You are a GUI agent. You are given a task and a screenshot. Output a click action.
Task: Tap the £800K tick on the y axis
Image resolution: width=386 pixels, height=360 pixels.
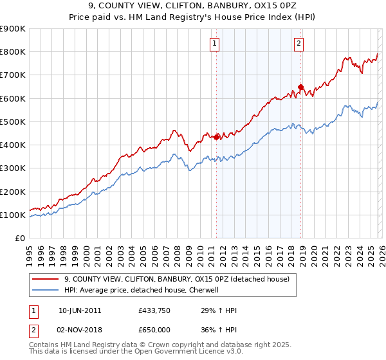(13, 52)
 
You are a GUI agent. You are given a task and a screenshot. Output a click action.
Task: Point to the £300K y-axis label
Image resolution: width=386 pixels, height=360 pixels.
(13, 168)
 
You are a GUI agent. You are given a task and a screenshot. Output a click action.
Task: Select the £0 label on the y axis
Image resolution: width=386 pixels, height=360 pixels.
(19, 239)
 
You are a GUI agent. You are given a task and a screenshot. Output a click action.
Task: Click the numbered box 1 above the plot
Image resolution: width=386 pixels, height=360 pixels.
(214, 44)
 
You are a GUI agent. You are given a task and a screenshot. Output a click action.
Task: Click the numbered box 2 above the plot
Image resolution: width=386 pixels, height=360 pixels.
(300, 44)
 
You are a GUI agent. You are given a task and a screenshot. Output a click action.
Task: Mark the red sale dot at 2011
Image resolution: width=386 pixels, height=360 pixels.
(217, 136)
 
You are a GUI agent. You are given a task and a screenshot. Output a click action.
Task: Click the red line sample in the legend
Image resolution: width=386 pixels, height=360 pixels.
(45, 279)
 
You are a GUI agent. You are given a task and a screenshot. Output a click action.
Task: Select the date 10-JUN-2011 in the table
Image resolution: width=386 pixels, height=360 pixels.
(79, 310)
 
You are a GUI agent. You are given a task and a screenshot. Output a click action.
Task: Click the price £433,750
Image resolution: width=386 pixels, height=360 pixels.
(154, 310)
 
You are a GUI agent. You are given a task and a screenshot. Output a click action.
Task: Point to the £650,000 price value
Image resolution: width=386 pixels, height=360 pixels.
(154, 328)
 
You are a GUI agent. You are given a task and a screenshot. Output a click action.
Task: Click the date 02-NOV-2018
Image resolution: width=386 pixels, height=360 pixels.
(79, 328)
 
